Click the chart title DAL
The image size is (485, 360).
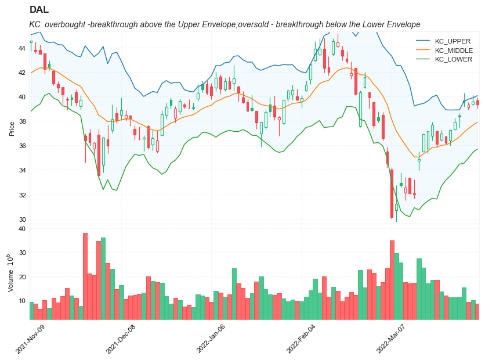(x=39, y=10)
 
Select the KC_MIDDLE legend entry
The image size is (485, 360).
(x=454, y=50)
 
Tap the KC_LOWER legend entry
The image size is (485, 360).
(x=453, y=59)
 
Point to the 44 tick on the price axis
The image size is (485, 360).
(x=22, y=48)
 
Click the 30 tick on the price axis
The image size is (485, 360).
(x=22, y=219)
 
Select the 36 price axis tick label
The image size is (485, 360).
(x=22, y=146)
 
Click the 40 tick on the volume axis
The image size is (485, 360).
(x=22, y=229)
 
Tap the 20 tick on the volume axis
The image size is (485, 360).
(x=22, y=277)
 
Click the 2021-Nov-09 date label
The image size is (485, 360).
(x=31, y=340)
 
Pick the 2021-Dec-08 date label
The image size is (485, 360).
(x=121, y=340)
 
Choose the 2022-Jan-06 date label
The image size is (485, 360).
(x=211, y=340)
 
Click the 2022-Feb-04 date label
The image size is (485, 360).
(x=301, y=340)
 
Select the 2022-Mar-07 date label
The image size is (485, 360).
(x=392, y=340)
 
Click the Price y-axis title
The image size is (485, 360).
(x=12, y=128)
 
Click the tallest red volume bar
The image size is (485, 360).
(x=85, y=276)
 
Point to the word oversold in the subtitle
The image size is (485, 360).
(x=233, y=24)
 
